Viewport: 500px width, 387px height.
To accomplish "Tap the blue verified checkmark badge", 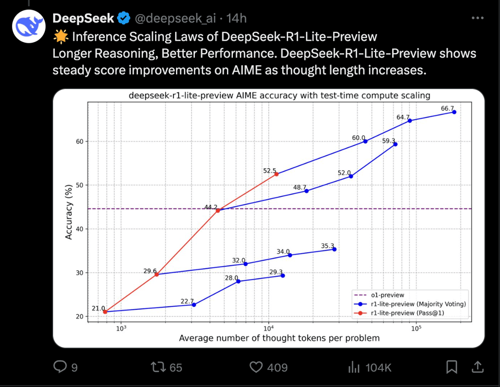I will coord(123,19).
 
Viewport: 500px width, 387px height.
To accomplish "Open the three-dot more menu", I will coord(477,18).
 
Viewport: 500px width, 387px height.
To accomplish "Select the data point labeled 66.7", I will coord(454,112).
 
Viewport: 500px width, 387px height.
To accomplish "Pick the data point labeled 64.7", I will coord(410,120).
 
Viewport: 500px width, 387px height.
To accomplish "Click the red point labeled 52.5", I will coord(277,174).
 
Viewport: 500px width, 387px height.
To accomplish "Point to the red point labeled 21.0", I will coord(105,312).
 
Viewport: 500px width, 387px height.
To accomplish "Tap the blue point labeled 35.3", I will coord(334,249).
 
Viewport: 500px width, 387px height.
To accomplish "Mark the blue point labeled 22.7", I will coord(194,305).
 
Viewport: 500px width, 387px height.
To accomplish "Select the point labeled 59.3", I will coord(395,144).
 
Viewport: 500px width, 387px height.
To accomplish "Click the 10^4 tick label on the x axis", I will coord(269,328).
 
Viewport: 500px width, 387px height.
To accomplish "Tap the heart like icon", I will coord(256,368).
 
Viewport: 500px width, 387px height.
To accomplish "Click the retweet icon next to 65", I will coord(158,368).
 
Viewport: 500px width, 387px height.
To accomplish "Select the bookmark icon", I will coord(452,368).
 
